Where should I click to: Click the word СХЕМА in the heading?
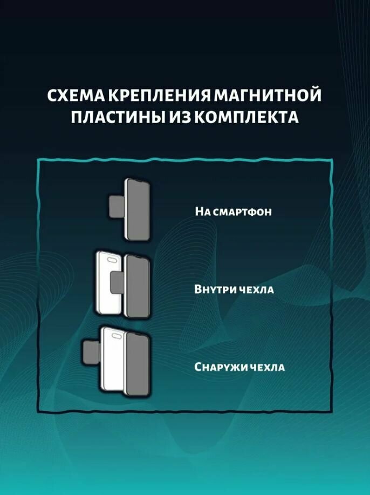[x=76, y=96]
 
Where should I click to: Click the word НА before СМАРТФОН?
[x=203, y=212]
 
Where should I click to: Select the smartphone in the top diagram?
[x=137, y=209]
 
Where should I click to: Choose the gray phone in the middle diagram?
[x=137, y=286]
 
